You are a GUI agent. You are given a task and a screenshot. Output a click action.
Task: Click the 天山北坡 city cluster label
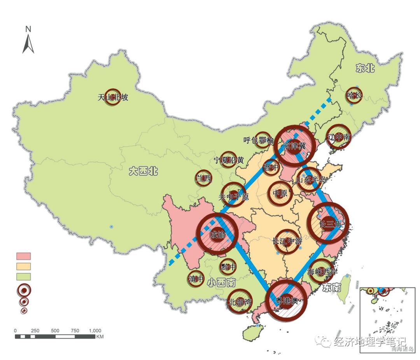pyautogui.click(x=113, y=97)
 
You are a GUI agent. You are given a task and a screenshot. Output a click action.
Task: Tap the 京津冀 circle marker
pyautogui.click(x=294, y=146)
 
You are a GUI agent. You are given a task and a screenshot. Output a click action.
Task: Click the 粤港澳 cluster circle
pyautogui.click(x=286, y=300)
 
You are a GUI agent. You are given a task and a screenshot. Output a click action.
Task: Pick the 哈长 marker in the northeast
pyautogui.click(x=354, y=95)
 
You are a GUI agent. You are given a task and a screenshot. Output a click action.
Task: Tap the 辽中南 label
pyautogui.click(x=338, y=137)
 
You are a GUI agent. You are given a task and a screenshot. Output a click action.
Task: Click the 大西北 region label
pyautogui.click(x=143, y=171)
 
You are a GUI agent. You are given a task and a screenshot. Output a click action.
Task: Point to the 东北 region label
pyautogui.click(x=365, y=69)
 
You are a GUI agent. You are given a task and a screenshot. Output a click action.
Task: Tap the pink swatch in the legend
pyautogui.click(x=23, y=256)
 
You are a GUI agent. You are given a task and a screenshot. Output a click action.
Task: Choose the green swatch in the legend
pyautogui.click(x=23, y=276)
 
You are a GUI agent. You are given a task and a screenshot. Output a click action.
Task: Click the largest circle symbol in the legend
pyautogui.click(x=24, y=290)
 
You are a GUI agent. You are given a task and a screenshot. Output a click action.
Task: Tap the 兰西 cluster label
pyautogui.click(x=203, y=178)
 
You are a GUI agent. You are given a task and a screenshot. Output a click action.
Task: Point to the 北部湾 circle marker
pyautogui.click(x=240, y=302)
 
